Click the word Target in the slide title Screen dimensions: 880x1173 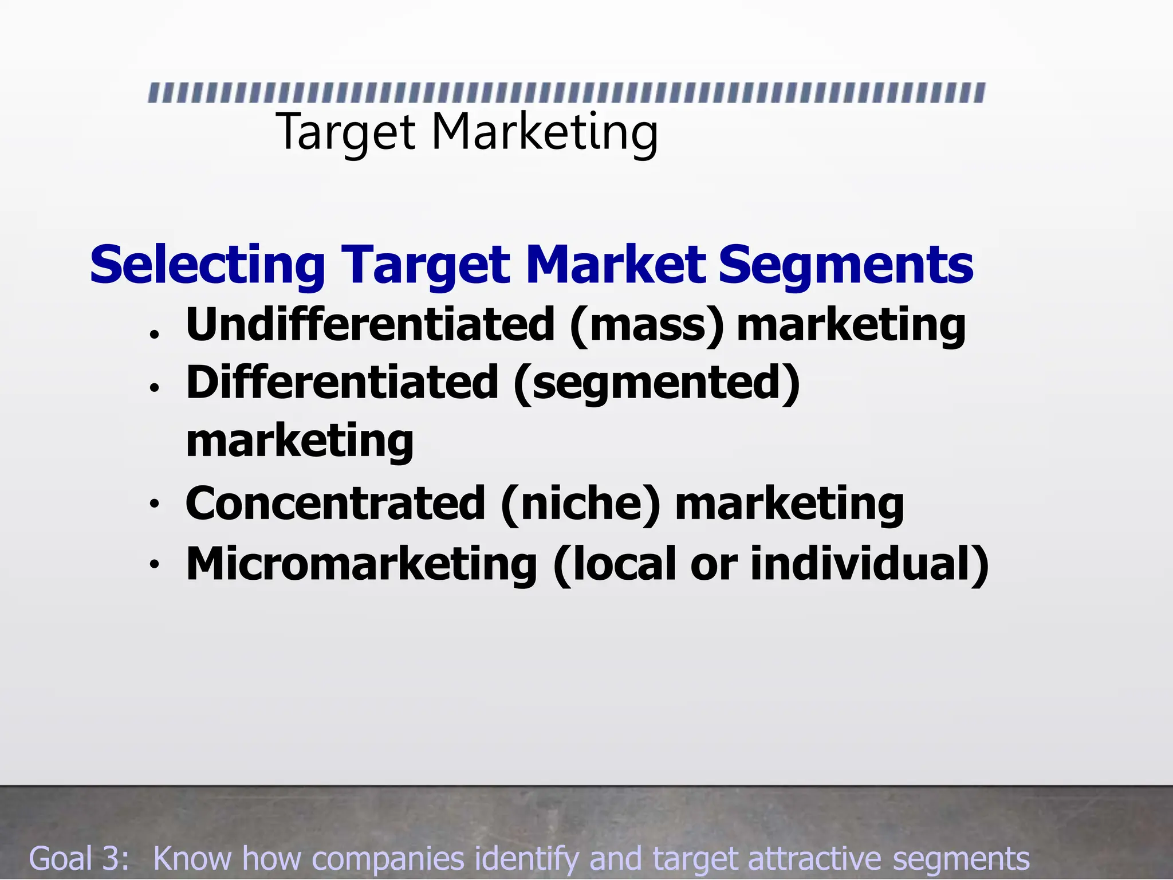click(345, 133)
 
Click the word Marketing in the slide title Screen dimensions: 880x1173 click(544, 133)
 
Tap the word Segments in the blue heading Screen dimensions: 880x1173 click(846, 265)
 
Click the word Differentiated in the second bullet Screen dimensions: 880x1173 click(343, 382)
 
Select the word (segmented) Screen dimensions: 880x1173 click(656, 383)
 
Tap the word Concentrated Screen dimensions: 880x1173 click(336, 503)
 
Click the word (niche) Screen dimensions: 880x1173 click(581, 504)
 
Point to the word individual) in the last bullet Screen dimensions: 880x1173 click(869, 564)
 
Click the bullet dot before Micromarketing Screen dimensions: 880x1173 click(153, 565)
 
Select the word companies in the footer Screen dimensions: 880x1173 click(388, 859)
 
